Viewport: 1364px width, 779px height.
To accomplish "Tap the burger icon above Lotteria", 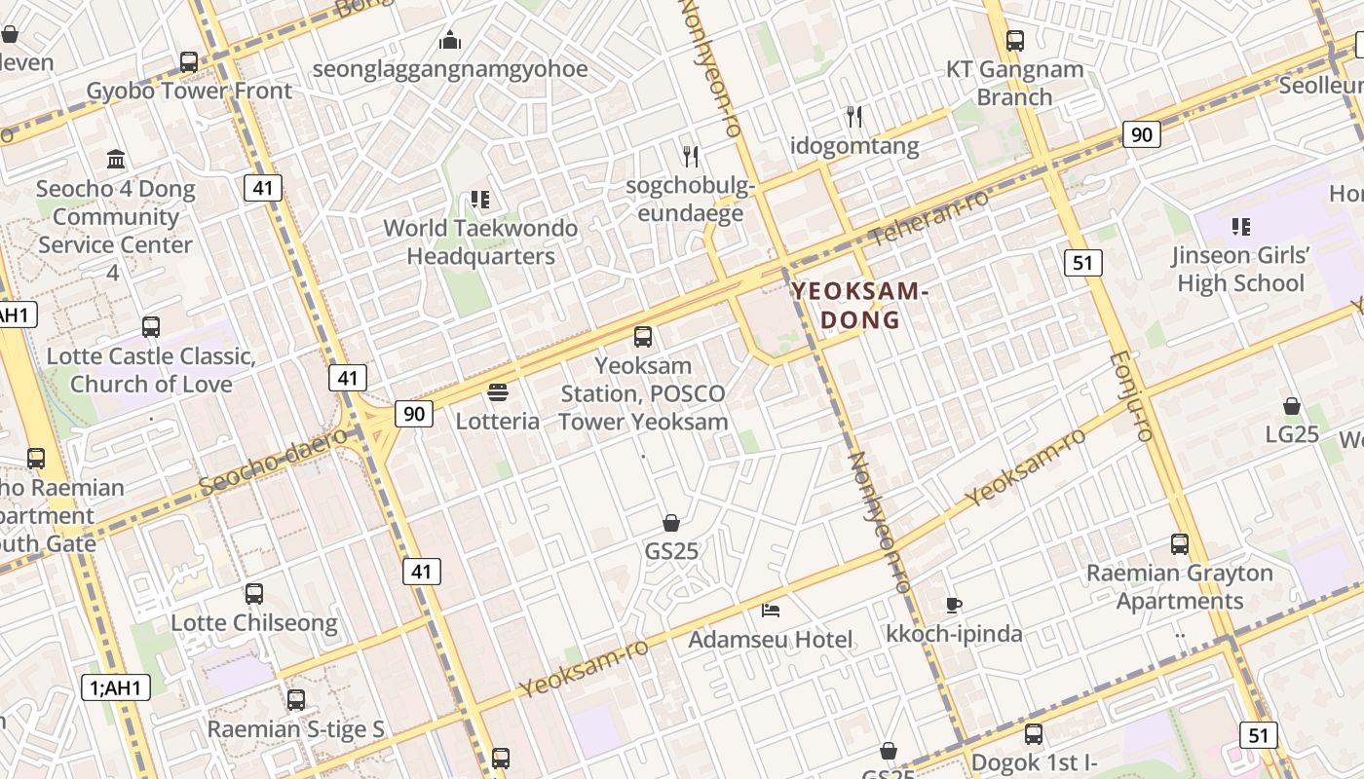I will (x=498, y=392).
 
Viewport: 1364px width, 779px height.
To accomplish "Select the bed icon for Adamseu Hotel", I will (x=771, y=611).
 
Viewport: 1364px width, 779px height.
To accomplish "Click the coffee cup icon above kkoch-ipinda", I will (x=954, y=605).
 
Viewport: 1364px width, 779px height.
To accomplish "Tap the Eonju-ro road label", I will (x=1131, y=396).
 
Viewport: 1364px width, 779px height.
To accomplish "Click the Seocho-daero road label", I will (x=272, y=461).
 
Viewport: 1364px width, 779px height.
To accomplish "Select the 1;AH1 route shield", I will (x=116, y=688).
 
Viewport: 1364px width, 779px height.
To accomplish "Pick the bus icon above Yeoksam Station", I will (x=643, y=337).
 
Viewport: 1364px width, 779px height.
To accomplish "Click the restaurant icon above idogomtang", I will (x=854, y=117).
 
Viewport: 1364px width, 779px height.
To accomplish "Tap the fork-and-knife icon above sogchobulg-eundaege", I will (x=691, y=156).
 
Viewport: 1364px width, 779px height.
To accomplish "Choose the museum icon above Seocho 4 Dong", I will (x=116, y=159).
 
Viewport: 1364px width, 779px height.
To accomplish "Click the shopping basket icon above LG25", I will (x=1292, y=405).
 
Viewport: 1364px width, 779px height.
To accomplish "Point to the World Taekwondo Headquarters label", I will (x=480, y=242).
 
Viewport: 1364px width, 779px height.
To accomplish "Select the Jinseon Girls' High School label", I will (x=1240, y=270).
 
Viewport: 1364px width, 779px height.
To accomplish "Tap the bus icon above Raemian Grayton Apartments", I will (x=1180, y=544).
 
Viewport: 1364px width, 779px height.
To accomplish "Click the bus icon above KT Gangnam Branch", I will (x=1015, y=41).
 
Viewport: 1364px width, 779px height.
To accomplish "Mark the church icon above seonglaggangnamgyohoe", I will (x=449, y=40).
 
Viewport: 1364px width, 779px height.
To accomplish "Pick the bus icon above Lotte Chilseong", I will (x=254, y=593).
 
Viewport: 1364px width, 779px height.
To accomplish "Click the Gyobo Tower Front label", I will (x=189, y=91).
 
